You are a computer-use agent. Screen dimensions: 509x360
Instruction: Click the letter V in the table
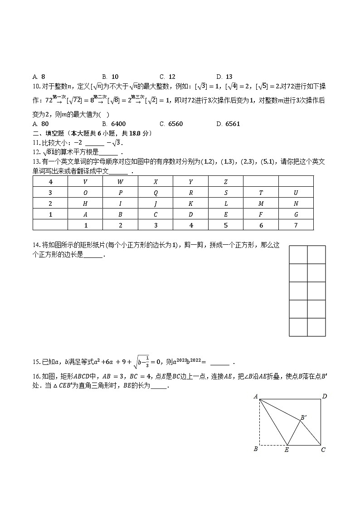pyautogui.click(x=85, y=182)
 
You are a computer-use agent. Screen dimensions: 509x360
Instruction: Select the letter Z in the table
pyautogui.click(x=226, y=182)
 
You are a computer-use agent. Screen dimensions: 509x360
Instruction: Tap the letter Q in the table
pyautogui.click(x=156, y=193)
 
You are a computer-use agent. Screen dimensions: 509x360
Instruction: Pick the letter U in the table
pyautogui.click(x=296, y=193)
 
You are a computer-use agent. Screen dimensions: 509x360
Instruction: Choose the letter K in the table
pyautogui.click(x=190, y=204)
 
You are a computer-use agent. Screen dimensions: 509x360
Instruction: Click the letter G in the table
pyautogui.click(x=296, y=214)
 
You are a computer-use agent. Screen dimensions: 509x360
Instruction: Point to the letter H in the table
pyautogui.click(x=85, y=204)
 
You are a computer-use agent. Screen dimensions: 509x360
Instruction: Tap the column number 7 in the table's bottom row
pyautogui.click(x=296, y=225)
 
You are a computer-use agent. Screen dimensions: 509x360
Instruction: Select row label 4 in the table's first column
pyautogui.click(x=50, y=182)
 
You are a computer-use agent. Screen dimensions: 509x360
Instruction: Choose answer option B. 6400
pyautogui.click(x=114, y=124)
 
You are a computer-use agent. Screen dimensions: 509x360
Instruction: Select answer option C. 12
pyautogui.click(x=167, y=77)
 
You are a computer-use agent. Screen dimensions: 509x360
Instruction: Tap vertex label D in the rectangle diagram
pyautogui.click(x=325, y=397)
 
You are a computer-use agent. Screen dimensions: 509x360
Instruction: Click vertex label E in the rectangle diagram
pyautogui.click(x=287, y=450)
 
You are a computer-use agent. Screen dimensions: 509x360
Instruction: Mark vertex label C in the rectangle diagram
pyautogui.click(x=323, y=450)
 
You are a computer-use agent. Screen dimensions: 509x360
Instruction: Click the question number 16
pyautogui.click(x=36, y=376)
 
